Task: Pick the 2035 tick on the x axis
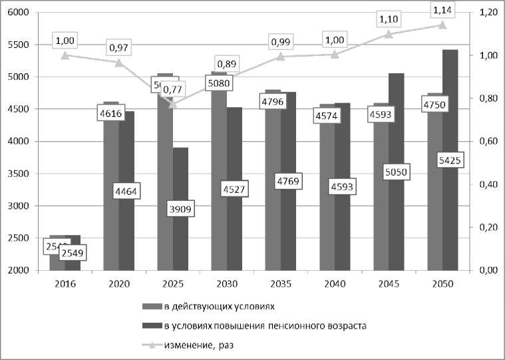[280, 284]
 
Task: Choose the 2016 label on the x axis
[65, 284]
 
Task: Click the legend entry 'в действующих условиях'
[217, 307]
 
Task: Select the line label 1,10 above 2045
[388, 19]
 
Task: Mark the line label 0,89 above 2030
[226, 64]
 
